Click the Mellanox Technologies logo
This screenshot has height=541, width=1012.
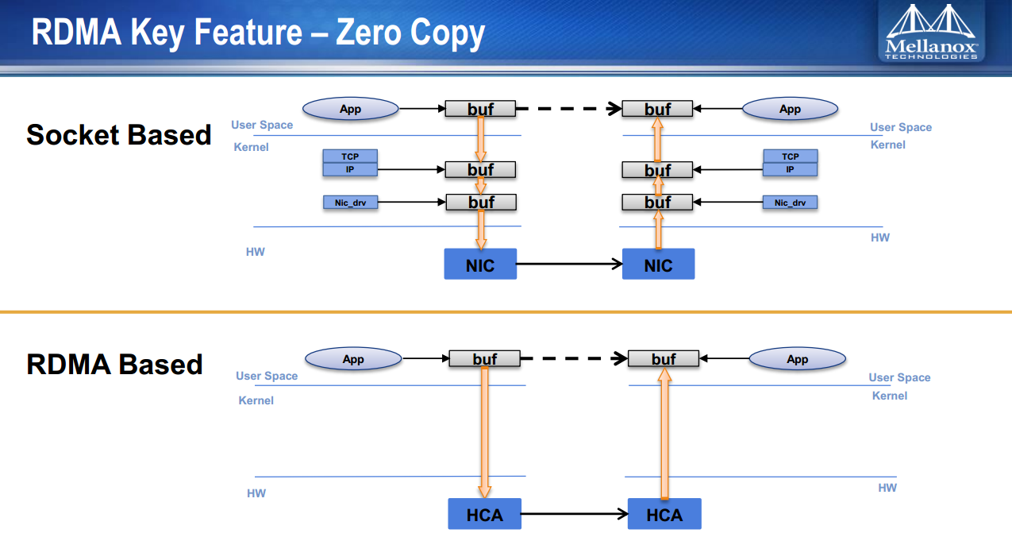(931, 32)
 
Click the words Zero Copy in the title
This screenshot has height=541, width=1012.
(410, 32)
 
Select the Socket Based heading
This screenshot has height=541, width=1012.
(119, 135)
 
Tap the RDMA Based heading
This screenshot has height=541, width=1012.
(114, 364)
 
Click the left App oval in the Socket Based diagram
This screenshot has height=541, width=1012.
(351, 109)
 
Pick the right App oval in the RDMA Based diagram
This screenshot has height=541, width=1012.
(798, 359)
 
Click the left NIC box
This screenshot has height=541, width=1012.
(480, 265)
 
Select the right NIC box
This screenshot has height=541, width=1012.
(658, 265)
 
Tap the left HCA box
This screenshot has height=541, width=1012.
(484, 514)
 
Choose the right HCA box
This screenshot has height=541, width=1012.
(664, 514)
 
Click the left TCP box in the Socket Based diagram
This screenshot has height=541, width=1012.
(350, 156)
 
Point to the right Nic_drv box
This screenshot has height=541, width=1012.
(791, 203)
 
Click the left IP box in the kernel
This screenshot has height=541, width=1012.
(350, 170)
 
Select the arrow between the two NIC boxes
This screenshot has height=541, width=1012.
(569, 264)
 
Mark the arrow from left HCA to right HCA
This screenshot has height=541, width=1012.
(574, 514)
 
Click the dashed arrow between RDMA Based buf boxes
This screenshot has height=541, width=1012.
(574, 359)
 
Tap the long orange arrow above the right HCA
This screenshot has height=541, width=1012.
(664, 433)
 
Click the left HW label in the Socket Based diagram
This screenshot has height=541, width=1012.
(256, 252)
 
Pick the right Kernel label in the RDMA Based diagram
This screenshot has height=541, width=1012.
(890, 396)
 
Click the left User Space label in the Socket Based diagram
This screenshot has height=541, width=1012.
(262, 125)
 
